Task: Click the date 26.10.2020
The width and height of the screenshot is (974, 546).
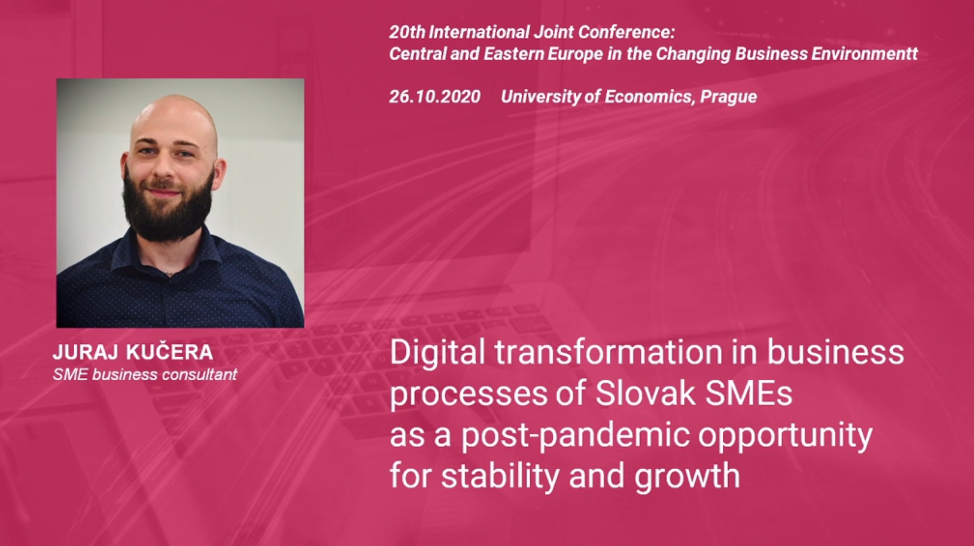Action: [435, 97]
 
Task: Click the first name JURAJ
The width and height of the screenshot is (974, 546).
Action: [87, 352]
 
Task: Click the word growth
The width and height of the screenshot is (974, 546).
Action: [687, 476]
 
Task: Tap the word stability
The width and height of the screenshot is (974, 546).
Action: [500, 476]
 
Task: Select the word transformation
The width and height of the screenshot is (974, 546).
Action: [608, 352]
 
